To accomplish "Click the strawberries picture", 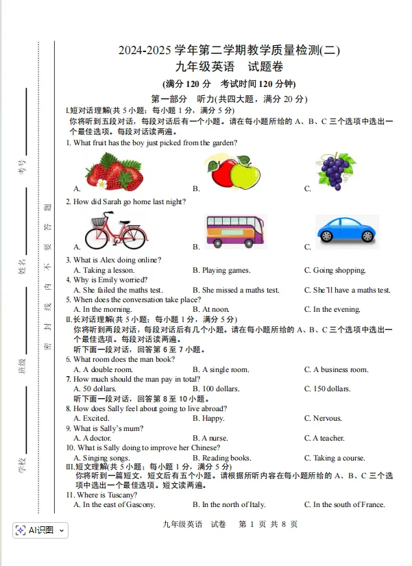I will [x=114, y=171].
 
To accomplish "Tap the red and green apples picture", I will [x=232, y=172].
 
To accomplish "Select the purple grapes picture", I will [x=336, y=171].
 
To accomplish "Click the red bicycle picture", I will [x=114, y=230].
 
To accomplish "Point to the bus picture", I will [x=236, y=230].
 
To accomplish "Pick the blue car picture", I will [x=347, y=230].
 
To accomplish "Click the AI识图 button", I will [x=40, y=530].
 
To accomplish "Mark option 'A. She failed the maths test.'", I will [x=119, y=290].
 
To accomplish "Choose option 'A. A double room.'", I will [x=104, y=369].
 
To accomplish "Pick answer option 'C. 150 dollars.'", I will [x=328, y=389].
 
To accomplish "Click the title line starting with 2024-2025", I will [x=229, y=50].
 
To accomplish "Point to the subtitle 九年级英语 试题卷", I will [x=229, y=67].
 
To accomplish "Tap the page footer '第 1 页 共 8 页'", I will [x=267, y=524].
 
